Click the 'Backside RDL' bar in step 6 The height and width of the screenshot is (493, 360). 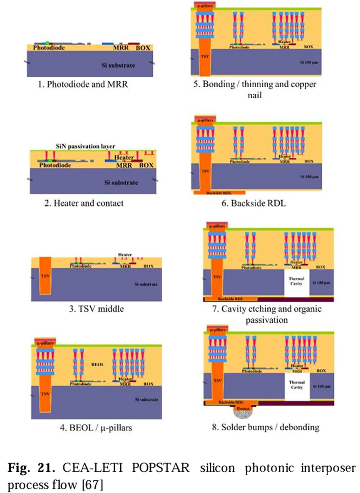219,193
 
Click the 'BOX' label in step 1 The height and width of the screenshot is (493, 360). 143,48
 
